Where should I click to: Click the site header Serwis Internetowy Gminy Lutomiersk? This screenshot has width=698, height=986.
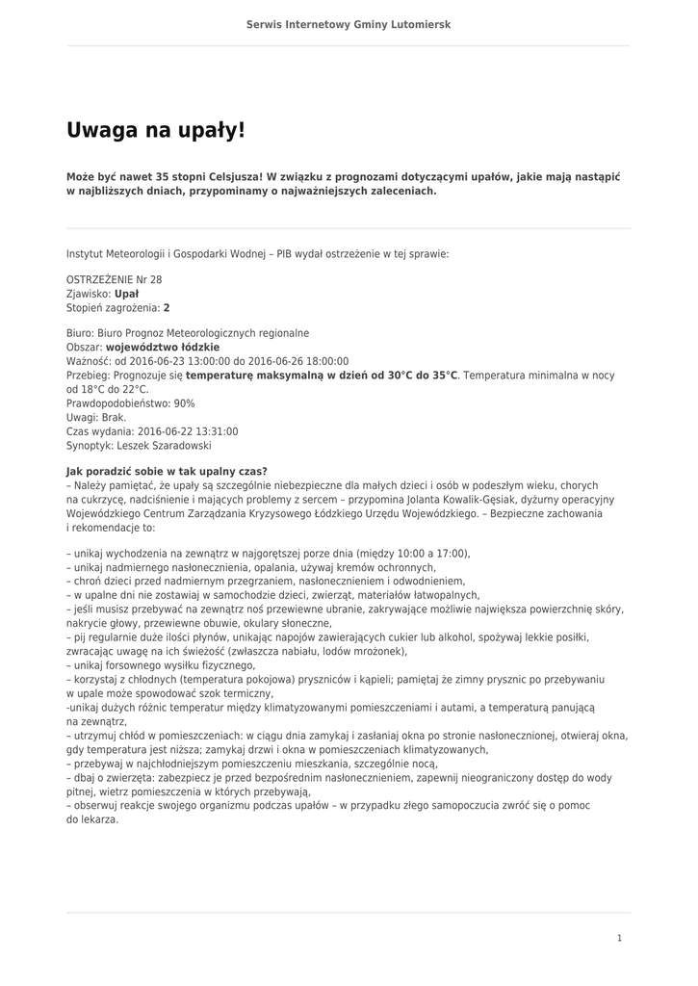click(349, 24)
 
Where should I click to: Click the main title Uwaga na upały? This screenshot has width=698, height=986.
click(156, 129)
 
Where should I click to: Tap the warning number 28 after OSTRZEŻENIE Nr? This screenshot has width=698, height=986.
click(156, 279)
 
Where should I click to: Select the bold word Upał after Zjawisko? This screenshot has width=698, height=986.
click(126, 294)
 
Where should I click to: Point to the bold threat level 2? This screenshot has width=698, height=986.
click(167, 308)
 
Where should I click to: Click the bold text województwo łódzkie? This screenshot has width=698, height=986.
click(163, 347)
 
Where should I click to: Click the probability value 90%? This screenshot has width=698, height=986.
click(184, 403)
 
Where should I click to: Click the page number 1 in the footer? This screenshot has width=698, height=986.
click(620, 938)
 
